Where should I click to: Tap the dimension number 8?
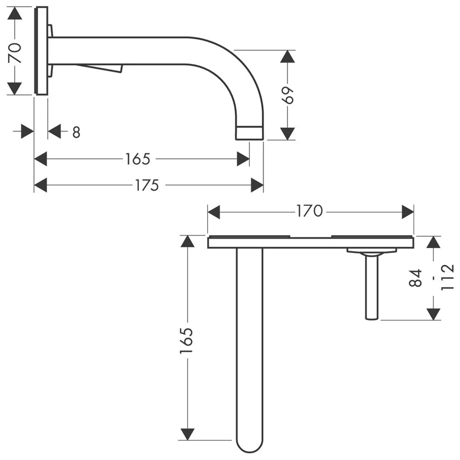click(x=76, y=132)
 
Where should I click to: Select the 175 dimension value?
click(x=147, y=185)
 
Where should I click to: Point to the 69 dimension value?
click(x=288, y=95)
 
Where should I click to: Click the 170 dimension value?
click(x=310, y=212)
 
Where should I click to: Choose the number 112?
click(x=447, y=277)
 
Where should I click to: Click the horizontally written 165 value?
click(x=138, y=159)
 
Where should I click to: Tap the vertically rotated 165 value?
click(x=186, y=341)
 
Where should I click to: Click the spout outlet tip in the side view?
click(x=249, y=133)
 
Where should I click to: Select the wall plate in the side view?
click(x=41, y=51)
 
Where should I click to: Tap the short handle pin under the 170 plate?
click(x=372, y=287)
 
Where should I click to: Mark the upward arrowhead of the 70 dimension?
click(x=16, y=14)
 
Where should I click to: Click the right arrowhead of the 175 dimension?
click(x=257, y=185)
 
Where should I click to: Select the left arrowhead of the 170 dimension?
click(x=214, y=212)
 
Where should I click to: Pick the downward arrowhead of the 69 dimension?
click(x=288, y=133)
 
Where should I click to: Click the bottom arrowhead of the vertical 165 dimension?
click(x=187, y=433)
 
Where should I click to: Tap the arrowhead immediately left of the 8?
click(x=55, y=132)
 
